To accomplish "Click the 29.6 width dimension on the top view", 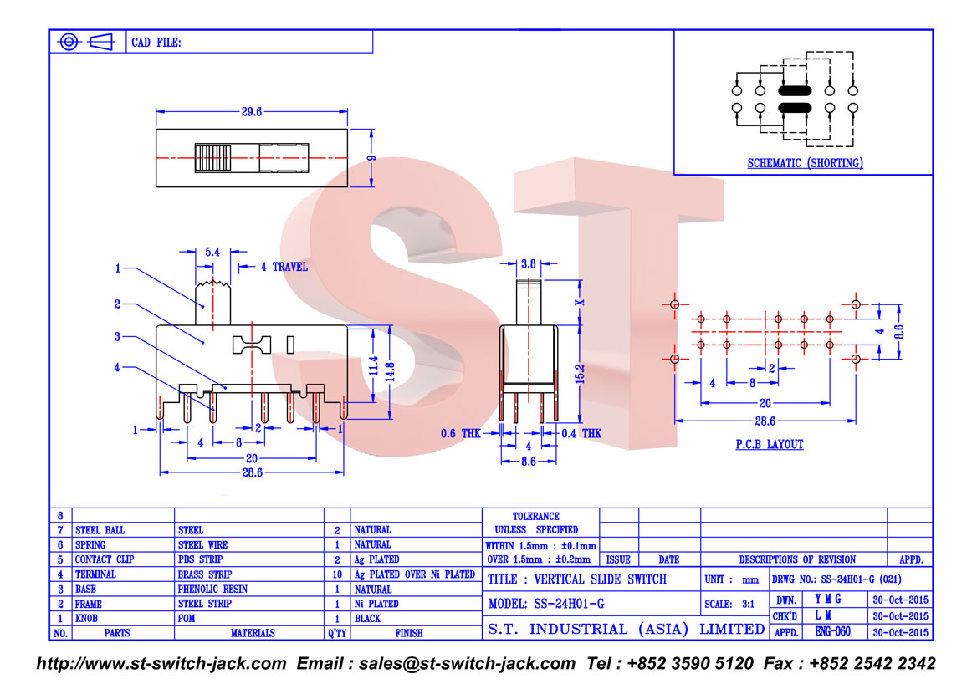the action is coord(252,112).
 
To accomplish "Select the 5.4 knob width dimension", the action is coord(212,253).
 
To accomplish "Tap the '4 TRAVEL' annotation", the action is coord(284,267).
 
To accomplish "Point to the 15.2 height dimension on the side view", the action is coord(580,374).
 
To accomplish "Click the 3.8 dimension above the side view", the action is coord(528,264).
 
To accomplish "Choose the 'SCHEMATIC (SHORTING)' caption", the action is coord(805,163).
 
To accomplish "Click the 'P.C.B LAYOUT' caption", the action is coord(770,444).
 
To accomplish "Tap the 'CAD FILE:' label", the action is coord(156,43).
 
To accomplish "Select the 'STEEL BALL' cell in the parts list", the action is coord(100,530).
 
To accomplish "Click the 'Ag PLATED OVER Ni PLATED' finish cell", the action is coord(415,574).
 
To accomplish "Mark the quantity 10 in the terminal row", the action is coord(337,574).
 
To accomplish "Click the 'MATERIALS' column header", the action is coord(253,633).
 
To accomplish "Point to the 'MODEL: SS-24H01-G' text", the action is coord(546,604).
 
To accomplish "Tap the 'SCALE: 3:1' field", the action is coord(729,604).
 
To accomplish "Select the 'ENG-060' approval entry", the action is coord(832,632).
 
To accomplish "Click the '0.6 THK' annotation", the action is coord(461,434).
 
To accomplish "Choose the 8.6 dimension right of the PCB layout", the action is coord(899,332).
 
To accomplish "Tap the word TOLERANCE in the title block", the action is coord(535,516).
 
